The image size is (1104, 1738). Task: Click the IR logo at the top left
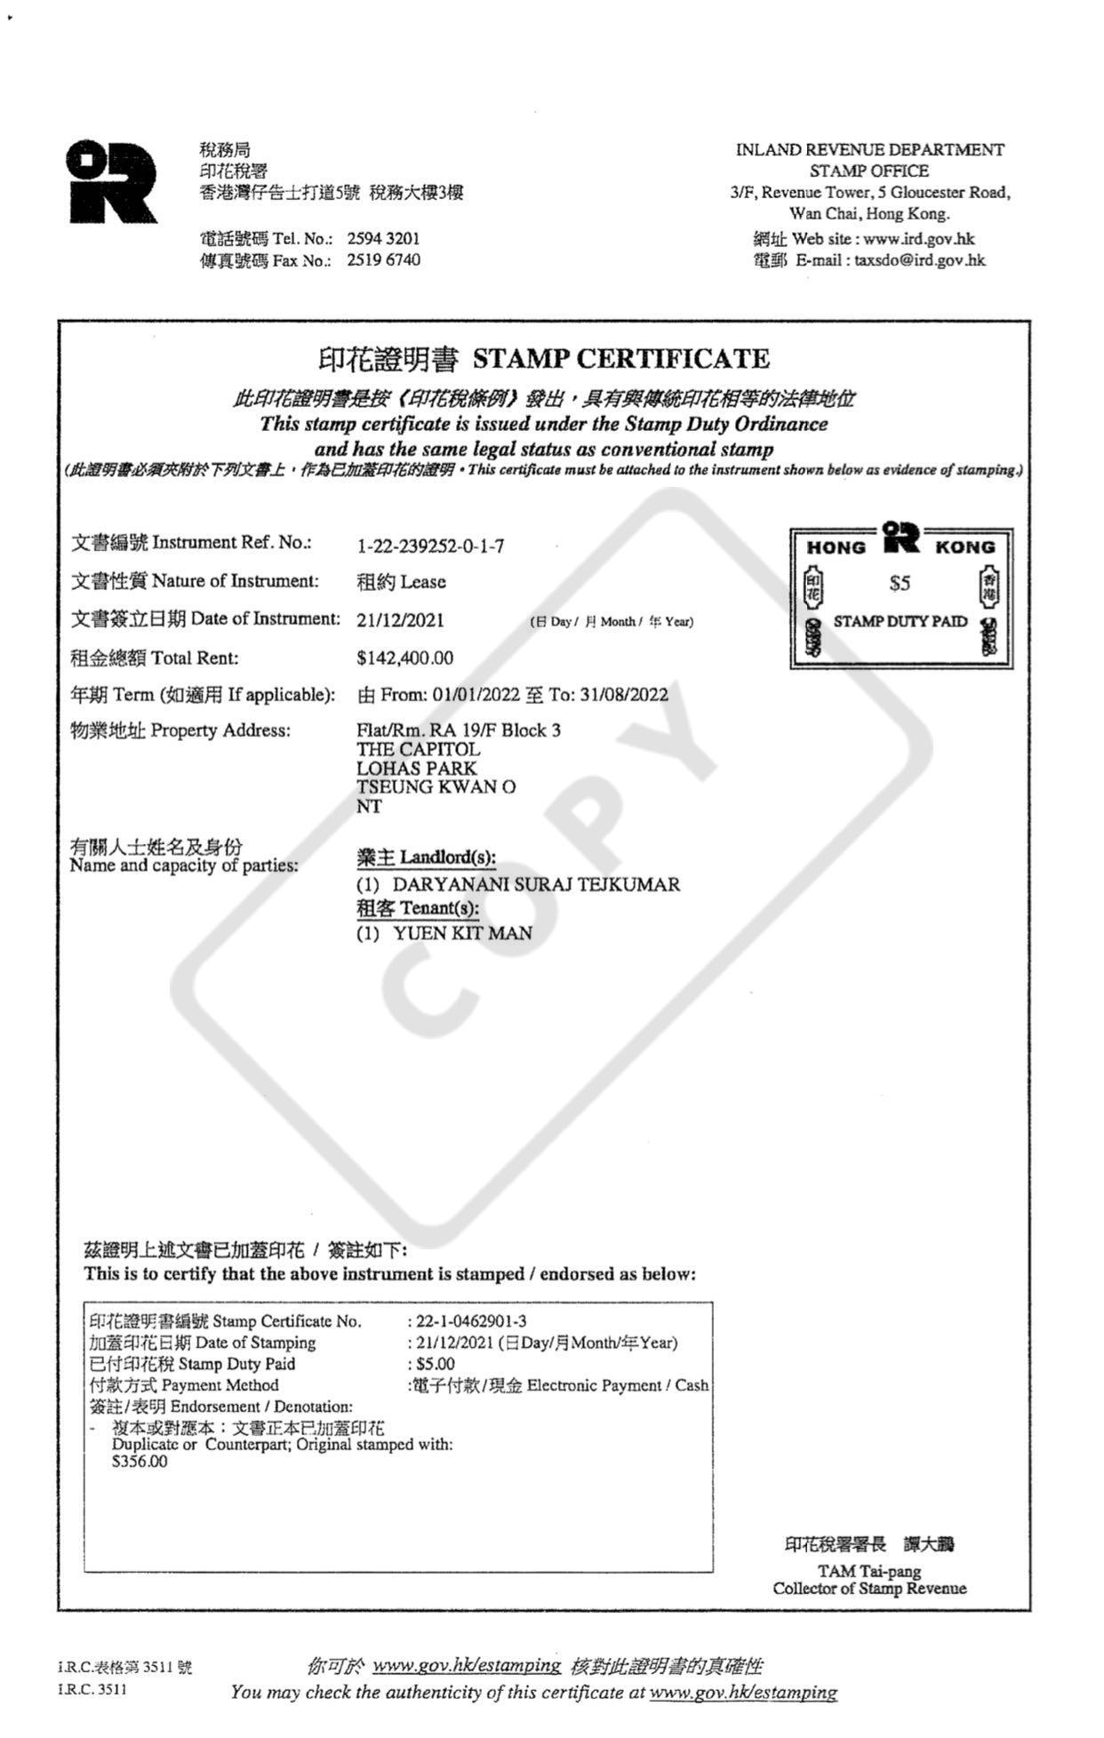(x=112, y=181)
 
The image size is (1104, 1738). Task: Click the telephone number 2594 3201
(x=383, y=239)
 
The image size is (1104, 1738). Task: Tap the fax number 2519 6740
(x=383, y=260)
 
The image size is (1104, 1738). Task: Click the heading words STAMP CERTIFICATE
(x=620, y=359)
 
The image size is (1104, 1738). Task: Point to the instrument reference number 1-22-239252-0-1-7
(x=430, y=546)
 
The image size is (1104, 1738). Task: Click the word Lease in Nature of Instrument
(x=423, y=582)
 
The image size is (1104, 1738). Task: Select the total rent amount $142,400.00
(x=404, y=658)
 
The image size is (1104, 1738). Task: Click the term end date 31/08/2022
(x=624, y=695)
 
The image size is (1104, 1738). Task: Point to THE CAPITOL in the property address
(x=418, y=750)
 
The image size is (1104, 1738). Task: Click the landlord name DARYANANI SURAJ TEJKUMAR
(x=536, y=885)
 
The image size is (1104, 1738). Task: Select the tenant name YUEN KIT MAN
(x=462, y=934)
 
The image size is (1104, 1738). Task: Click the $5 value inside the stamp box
(x=900, y=584)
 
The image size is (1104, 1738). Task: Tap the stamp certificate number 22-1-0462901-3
(x=471, y=1321)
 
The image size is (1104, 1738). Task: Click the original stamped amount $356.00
(x=140, y=1462)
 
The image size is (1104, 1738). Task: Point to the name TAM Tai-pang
(x=868, y=1571)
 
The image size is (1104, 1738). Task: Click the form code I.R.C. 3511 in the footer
(x=92, y=1689)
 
